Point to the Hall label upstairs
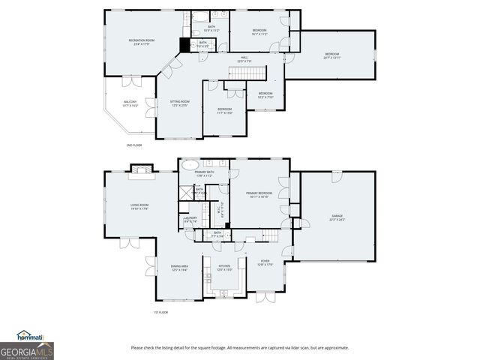(244, 58)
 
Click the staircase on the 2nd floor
(247, 73)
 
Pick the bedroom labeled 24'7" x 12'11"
(331, 55)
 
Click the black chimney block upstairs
(184, 44)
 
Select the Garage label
(337, 217)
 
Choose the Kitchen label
(224, 267)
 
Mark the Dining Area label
(179, 267)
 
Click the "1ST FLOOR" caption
(160, 312)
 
